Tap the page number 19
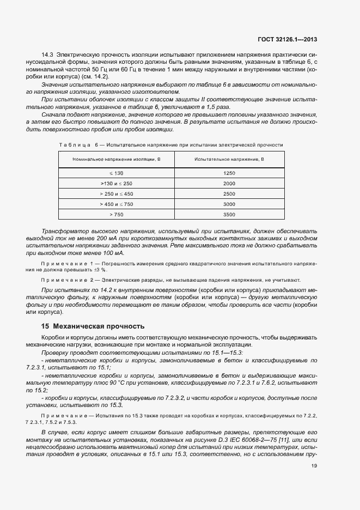pyautogui.click(x=314, y=466)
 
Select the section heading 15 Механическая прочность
pyautogui.click(x=93, y=327)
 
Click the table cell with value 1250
pyautogui.click(x=229, y=173)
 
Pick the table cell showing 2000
pyautogui.click(x=229, y=184)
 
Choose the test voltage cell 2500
pyautogui.click(x=229, y=194)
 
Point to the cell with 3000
pyautogui.click(x=229, y=204)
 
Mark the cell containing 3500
pyautogui.click(x=229, y=215)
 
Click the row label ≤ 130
pyautogui.click(x=116, y=173)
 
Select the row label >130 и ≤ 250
pyautogui.click(x=116, y=184)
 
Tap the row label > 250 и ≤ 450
pyautogui.click(x=116, y=194)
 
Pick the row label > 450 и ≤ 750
pyautogui.click(x=116, y=204)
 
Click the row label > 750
pyautogui.click(x=116, y=215)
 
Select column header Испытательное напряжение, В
pyautogui.click(x=229, y=159)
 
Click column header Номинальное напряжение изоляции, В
pyautogui.click(x=116, y=159)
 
